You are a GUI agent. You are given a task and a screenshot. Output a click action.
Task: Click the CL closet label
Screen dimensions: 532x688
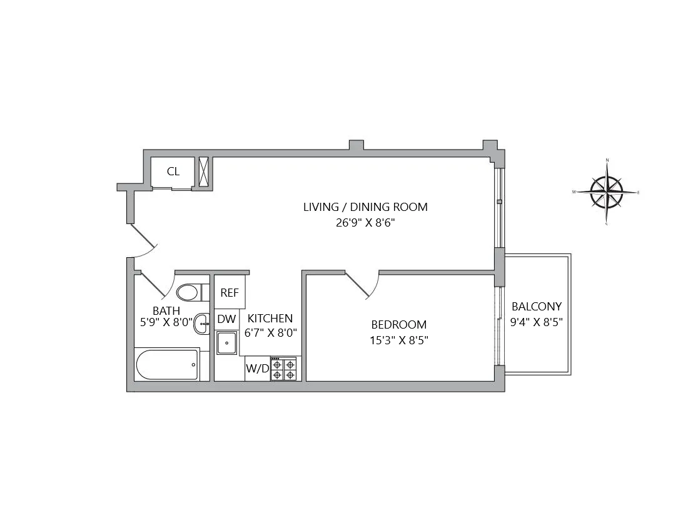(x=173, y=171)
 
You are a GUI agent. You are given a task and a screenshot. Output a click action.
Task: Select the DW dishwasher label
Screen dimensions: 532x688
(x=226, y=319)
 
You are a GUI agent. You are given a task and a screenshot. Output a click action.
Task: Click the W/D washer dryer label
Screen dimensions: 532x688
(x=257, y=369)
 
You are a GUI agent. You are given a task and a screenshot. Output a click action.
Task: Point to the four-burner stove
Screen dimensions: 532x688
(x=283, y=369)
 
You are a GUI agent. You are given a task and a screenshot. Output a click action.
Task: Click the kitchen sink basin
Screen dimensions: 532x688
(x=226, y=342)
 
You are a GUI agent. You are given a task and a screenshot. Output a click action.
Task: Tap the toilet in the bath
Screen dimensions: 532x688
(x=188, y=292)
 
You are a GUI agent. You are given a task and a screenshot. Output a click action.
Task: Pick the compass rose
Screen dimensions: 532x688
(x=607, y=192)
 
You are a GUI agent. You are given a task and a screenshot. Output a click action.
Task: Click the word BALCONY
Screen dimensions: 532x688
(x=537, y=307)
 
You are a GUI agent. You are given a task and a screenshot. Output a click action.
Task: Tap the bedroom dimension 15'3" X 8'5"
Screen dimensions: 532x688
(x=399, y=340)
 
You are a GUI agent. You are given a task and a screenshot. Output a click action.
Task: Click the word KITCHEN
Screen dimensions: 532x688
(x=270, y=319)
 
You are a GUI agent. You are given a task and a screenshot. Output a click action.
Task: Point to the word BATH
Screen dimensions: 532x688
(x=166, y=310)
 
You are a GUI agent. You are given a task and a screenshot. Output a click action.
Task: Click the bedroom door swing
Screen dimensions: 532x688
(x=363, y=285)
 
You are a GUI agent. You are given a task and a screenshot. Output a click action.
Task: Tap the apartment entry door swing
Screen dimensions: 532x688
(x=144, y=241)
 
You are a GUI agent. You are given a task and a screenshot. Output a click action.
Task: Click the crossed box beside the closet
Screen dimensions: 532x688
(x=204, y=171)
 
